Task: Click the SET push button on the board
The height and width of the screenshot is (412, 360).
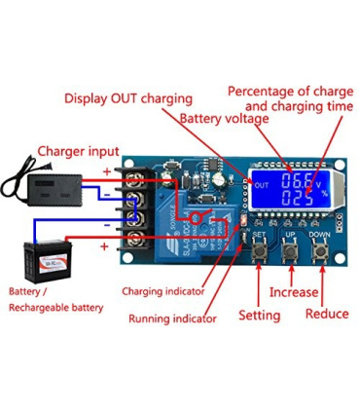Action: tap(259, 252)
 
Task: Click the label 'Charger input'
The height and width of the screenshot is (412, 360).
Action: tap(78, 151)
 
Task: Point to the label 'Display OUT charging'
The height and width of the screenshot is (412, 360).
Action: tap(128, 98)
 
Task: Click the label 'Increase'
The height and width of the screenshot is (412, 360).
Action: tap(293, 291)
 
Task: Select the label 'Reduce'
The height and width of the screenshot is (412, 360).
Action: tap(327, 314)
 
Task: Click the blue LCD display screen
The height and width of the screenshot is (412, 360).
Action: tap(291, 189)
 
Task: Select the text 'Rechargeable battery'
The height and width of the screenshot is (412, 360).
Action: tap(55, 307)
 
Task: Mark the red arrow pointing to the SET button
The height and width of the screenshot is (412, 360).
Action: tap(259, 285)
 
